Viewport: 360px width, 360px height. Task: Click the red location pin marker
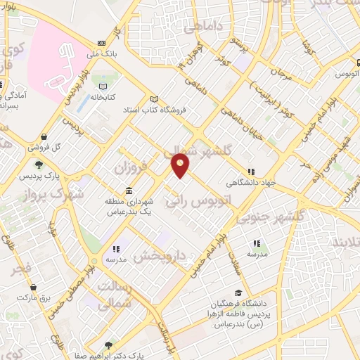[x=181, y=166]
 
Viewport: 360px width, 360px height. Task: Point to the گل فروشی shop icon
[x=44, y=137]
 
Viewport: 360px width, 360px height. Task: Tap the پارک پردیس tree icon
[x=38, y=166]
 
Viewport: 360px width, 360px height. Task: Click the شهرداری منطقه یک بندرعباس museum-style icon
[x=129, y=191]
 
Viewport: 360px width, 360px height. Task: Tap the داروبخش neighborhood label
[x=161, y=255]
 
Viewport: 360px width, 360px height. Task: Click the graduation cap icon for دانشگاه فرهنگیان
[x=238, y=292]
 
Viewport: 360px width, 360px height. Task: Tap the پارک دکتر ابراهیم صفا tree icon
[x=108, y=345]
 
